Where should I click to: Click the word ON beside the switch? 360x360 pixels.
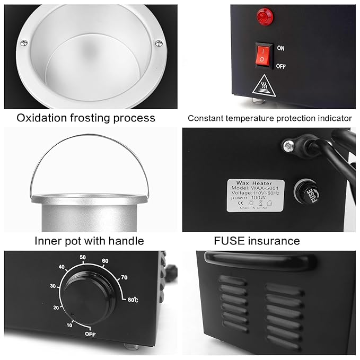click(280, 48)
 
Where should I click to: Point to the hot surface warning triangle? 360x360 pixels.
click(264, 84)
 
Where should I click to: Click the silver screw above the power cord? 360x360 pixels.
click(289, 143)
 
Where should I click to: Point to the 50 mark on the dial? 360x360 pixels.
click(83, 258)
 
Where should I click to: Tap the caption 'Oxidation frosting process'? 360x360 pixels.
click(86, 118)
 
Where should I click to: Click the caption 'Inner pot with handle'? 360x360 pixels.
click(89, 241)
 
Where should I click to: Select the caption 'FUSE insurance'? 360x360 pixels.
click(257, 241)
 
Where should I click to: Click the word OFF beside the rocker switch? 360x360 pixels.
click(281, 66)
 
